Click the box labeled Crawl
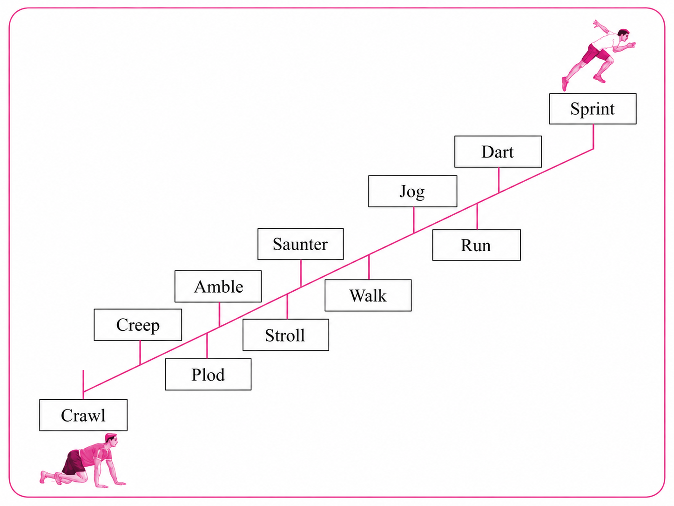point(83,415)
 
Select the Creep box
point(138,325)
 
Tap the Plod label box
point(208,374)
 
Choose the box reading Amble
point(218,287)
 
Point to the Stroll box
point(286,335)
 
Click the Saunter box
point(301,244)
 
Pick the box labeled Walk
point(368,295)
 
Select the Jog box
point(413,191)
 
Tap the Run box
point(477,245)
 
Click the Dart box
point(498,151)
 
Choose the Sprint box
point(593,109)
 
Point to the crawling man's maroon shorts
point(74,462)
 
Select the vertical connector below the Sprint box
point(593,137)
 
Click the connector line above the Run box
point(477,216)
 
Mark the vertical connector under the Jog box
point(414,220)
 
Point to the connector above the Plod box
point(207,346)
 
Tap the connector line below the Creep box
point(140,353)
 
